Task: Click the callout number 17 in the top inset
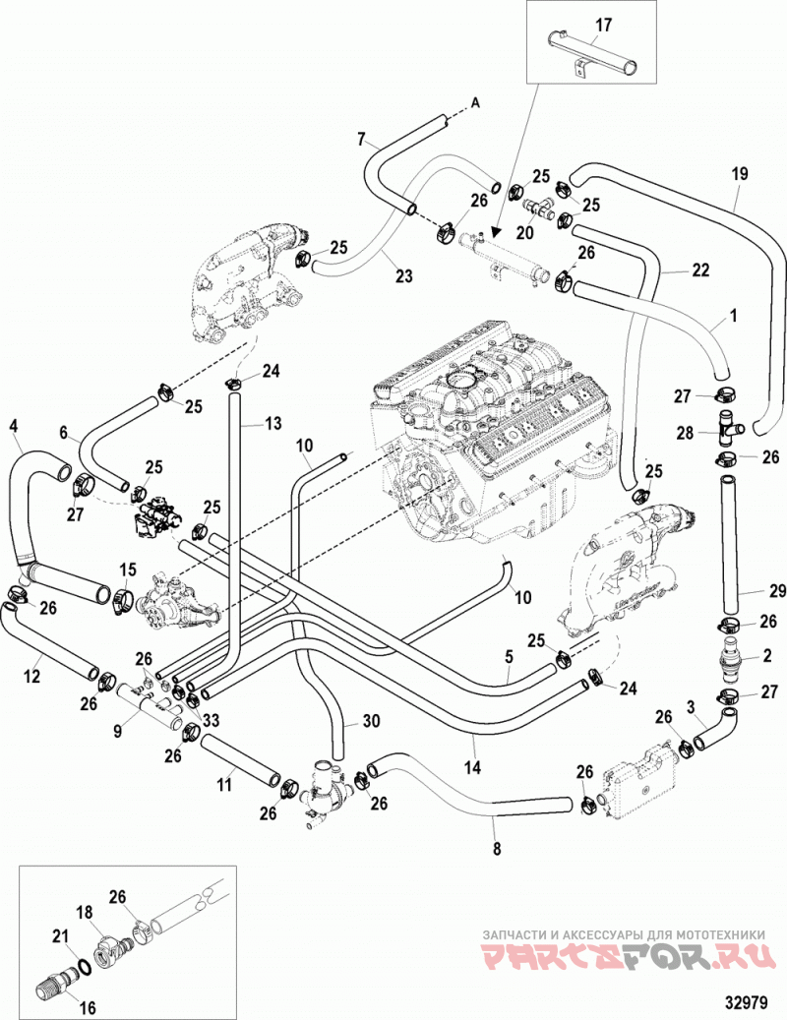pyautogui.click(x=604, y=26)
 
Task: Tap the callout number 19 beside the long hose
pyautogui.click(x=740, y=174)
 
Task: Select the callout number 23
pyautogui.click(x=404, y=275)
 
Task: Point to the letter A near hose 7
pyautogui.click(x=475, y=103)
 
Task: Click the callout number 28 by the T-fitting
pyautogui.click(x=685, y=433)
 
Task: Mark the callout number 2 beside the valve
pyautogui.click(x=767, y=655)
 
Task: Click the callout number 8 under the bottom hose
pyautogui.click(x=498, y=848)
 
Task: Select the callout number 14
pyautogui.click(x=473, y=767)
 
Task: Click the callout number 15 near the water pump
pyautogui.click(x=128, y=570)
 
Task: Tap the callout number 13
pyautogui.click(x=273, y=424)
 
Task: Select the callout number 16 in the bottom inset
pyautogui.click(x=88, y=1009)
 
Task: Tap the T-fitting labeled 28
pyautogui.click(x=727, y=427)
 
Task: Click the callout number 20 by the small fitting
pyautogui.click(x=524, y=233)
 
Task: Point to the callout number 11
pyautogui.click(x=223, y=785)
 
